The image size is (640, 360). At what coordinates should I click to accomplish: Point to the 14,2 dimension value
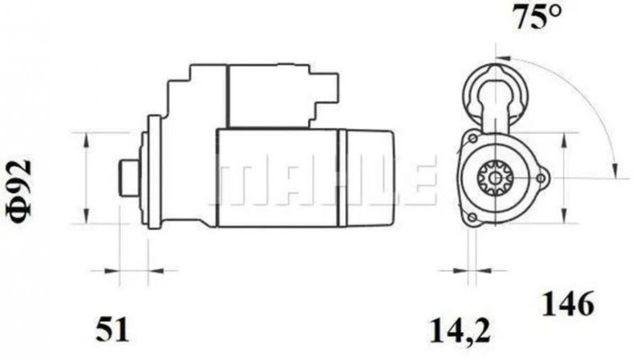click(459, 328)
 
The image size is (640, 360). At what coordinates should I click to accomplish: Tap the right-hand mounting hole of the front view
click(540, 176)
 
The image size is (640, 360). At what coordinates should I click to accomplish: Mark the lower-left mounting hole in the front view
click(472, 217)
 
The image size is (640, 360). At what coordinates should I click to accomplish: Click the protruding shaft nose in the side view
click(128, 176)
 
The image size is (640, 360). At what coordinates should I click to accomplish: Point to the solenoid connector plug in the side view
click(325, 90)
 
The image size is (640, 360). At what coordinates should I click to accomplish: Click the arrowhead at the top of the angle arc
click(500, 58)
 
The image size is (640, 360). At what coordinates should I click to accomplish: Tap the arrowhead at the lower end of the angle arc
click(614, 169)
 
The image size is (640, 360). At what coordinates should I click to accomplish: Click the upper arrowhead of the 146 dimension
click(565, 135)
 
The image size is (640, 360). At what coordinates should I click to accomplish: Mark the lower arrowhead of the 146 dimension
click(565, 220)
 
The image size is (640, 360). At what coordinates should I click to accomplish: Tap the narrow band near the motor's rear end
click(342, 177)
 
